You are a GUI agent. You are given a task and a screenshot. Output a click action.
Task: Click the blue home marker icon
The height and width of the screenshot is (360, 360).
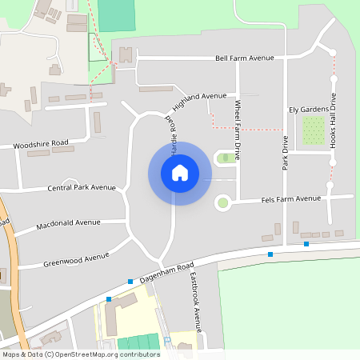[x=180, y=173]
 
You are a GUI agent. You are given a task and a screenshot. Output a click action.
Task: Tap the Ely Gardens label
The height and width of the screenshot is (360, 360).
[x=308, y=109]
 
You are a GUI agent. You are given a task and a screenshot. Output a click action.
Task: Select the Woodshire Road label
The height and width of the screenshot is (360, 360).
[x=40, y=145]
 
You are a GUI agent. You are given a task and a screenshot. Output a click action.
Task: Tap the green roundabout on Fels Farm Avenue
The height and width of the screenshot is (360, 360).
[x=223, y=204]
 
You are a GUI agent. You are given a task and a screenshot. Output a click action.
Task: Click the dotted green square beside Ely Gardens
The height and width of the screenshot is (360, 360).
[x=313, y=130]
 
